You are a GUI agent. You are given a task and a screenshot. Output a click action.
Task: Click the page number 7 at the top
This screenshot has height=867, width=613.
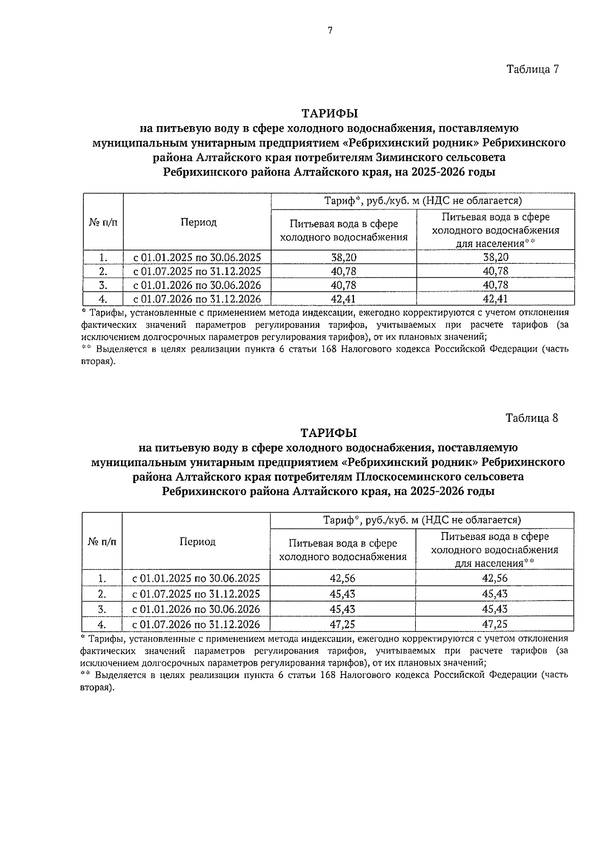[x=330, y=31]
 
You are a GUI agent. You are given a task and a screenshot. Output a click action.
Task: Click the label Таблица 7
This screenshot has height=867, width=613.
[x=533, y=69]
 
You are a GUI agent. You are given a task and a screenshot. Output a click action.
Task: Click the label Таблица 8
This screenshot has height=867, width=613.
[x=532, y=418]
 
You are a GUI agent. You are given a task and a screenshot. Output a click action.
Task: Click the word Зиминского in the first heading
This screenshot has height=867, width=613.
[x=405, y=157]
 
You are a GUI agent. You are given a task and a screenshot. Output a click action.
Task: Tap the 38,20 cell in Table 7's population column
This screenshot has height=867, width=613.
[x=496, y=257]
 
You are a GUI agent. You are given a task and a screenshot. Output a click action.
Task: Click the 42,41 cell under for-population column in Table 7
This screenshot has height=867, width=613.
[x=496, y=299]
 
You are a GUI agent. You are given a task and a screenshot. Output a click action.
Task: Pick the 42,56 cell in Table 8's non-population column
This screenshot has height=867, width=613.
[x=343, y=578]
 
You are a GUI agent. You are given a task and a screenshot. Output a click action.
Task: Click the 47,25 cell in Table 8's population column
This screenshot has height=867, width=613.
[x=494, y=624]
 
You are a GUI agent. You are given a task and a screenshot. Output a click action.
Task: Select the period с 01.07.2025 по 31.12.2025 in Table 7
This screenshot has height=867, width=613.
[x=197, y=271]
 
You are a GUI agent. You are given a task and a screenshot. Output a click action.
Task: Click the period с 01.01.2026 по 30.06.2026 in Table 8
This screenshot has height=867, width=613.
[x=196, y=609]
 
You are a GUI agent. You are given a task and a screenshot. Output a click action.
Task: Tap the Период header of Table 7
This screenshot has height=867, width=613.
[x=198, y=222]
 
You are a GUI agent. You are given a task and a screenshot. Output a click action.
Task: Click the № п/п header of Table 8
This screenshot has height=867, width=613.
[x=102, y=541]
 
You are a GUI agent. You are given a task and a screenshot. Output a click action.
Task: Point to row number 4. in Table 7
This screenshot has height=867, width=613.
[x=103, y=299]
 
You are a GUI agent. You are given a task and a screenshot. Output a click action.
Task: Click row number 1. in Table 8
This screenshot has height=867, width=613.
[x=102, y=578]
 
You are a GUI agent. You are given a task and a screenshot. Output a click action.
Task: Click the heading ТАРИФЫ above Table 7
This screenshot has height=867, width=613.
[x=329, y=112]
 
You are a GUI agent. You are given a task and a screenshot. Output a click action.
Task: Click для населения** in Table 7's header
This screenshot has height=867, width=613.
[x=495, y=244]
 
